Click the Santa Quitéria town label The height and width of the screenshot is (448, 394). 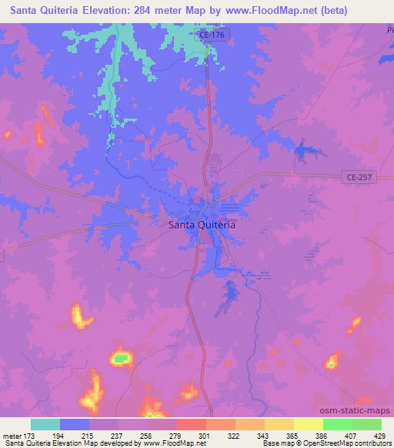pos(202,226)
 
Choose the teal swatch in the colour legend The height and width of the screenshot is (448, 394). pos(45,424)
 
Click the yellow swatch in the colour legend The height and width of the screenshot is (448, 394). pos(309,424)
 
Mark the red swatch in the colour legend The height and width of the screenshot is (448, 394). pos(192,424)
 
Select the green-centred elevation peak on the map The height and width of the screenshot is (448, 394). pos(119,357)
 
